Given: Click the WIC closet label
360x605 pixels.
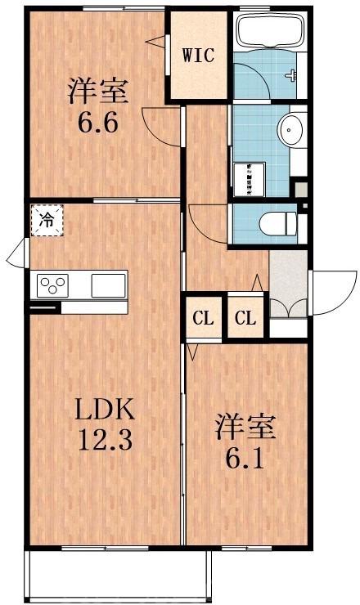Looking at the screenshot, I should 198,56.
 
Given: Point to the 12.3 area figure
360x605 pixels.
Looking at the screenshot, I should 105,442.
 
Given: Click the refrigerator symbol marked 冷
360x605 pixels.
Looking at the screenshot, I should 47,220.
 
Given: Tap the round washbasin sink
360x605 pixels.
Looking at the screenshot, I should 290,128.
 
